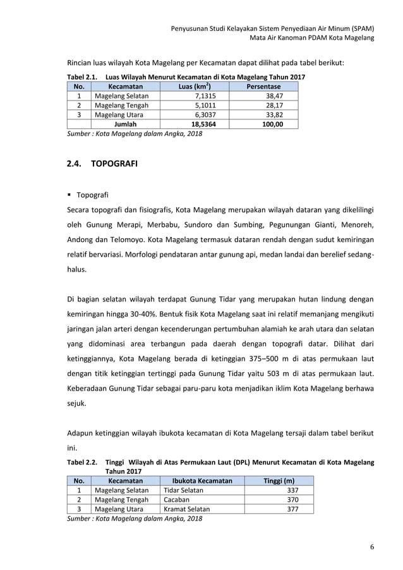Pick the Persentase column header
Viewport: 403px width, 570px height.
(265, 86)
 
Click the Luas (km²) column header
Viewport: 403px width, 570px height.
(195, 86)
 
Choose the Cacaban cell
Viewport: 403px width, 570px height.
(177, 499)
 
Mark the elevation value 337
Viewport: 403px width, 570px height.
(292, 490)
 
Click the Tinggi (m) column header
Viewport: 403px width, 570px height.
(279, 480)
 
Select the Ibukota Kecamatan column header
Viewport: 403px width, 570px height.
(198, 480)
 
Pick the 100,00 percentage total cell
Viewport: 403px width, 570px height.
(272, 124)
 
